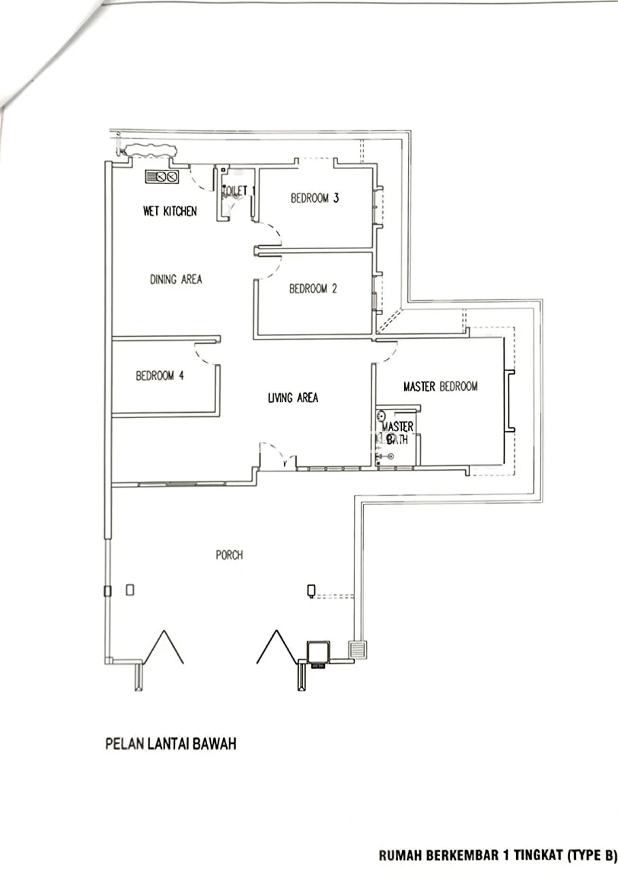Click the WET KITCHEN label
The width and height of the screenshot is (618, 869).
click(x=170, y=211)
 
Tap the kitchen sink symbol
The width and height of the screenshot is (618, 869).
click(x=162, y=177)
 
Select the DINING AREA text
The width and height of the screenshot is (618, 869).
click(x=177, y=279)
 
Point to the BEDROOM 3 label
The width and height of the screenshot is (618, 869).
click(x=315, y=198)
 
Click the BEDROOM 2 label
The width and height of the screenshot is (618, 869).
click(x=313, y=289)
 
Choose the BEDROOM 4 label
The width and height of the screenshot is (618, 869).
click(x=160, y=375)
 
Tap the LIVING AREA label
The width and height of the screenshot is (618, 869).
click(x=293, y=398)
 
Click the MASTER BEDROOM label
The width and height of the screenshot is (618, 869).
click(x=441, y=386)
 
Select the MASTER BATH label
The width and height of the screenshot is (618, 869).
click(x=397, y=433)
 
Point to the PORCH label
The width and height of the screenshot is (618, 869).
click(x=230, y=555)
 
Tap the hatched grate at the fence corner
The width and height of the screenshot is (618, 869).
click(x=359, y=650)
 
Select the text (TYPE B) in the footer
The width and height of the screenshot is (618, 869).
click(x=592, y=855)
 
